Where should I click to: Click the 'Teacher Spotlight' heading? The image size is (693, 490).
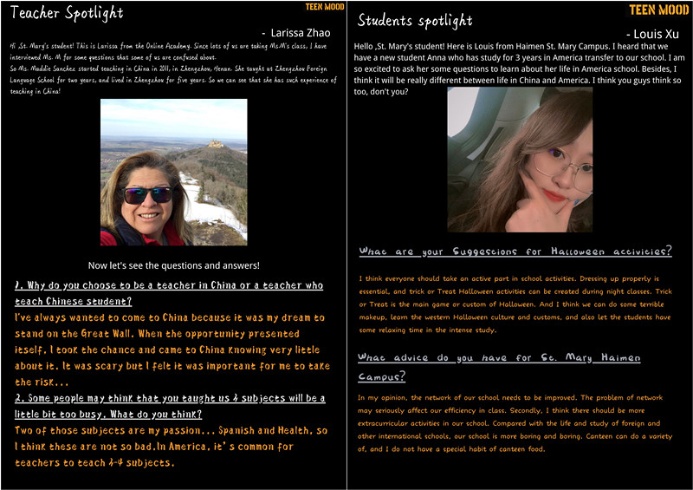point(67,13)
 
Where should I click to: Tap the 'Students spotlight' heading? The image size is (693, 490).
point(415,19)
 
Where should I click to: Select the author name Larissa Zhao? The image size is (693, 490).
point(295,33)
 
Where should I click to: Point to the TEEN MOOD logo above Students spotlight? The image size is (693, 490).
point(658,10)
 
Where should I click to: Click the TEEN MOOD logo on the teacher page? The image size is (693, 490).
point(326,7)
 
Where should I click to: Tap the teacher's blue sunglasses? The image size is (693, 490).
point(147,194)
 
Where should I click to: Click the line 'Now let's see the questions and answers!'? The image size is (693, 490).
point(173,265)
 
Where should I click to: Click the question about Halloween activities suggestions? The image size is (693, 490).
point(515,252)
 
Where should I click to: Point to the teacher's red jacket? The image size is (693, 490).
point(118,236)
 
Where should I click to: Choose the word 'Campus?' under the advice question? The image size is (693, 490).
point(381,376)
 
